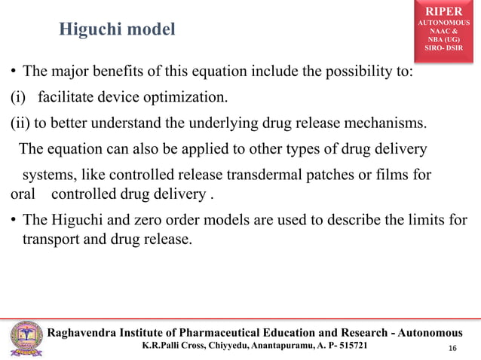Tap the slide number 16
tap(452, 347)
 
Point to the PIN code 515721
tap(352, 346)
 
